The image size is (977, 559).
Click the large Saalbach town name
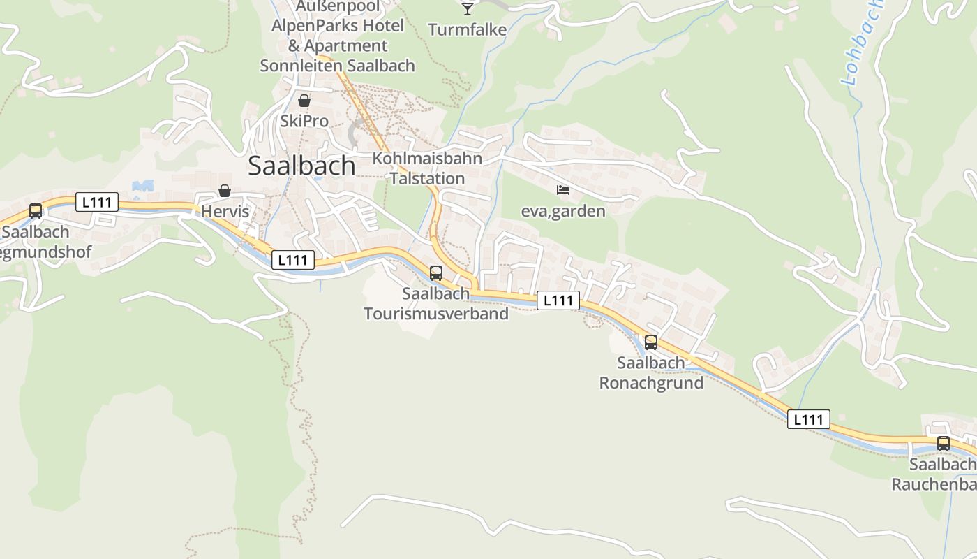[301, 166]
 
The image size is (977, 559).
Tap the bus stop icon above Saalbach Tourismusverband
[436, 273]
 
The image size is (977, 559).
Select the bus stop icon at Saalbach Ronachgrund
[651, 342]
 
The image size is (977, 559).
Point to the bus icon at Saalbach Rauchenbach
[944, 444]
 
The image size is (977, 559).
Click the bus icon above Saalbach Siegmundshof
[36, 211]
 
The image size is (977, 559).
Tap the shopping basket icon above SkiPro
[304, 101]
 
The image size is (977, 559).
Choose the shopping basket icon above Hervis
[225, 191]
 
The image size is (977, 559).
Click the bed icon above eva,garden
[563, 190]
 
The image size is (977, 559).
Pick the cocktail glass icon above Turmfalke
[468, 9]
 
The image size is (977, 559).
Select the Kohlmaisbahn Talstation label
[427, 168]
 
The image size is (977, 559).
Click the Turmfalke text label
[467, 30]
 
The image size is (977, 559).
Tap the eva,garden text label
[563, 211]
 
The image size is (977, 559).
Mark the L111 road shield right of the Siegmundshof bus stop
[97, 203]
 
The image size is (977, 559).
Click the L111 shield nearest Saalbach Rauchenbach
[809, 419]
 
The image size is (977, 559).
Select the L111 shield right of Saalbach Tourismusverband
[558, 300]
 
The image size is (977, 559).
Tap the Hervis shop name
[225, 211]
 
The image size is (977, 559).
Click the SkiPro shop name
[304, 121]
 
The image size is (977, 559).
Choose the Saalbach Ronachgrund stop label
[651, 373]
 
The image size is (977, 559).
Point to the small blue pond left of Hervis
[143, 186]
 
